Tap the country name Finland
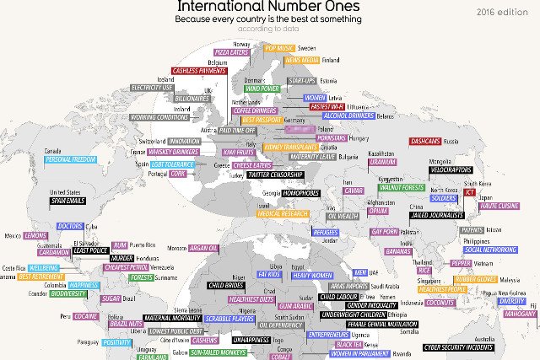pos(330,61)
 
